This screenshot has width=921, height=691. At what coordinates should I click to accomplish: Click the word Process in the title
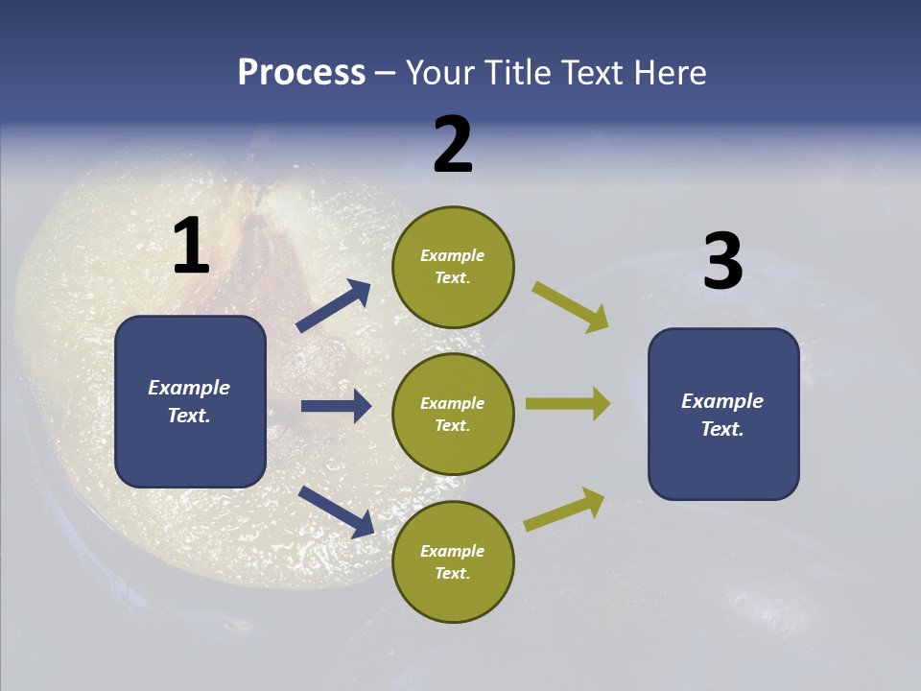301,73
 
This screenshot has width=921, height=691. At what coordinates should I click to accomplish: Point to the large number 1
191,247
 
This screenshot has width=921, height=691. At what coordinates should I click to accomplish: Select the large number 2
453,145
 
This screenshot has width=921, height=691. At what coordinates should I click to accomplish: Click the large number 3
722,262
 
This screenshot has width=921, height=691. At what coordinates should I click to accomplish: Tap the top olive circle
453,267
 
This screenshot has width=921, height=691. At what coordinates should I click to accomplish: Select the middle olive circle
453,414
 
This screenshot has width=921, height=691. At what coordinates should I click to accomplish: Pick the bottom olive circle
453,561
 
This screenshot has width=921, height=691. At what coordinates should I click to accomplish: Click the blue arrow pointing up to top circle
333,307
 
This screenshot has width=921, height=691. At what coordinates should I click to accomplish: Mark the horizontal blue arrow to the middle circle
336,406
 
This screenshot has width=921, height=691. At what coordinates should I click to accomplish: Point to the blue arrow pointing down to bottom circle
336,511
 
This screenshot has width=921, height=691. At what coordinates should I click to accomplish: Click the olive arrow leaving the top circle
570,307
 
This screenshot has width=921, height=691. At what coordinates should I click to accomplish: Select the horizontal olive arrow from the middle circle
567,404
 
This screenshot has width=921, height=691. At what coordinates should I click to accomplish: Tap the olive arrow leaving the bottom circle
563,510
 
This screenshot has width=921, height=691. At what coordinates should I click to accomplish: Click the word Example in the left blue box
189,388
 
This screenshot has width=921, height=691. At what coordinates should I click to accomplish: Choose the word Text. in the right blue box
722,429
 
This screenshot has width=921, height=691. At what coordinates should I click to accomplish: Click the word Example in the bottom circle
453,551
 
